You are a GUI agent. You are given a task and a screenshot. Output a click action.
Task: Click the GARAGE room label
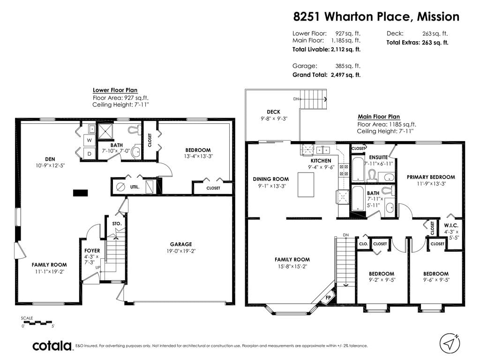click(181, 244)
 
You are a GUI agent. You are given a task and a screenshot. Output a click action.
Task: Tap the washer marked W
click(89, 140)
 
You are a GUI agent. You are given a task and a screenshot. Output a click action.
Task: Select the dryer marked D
click(90, 153)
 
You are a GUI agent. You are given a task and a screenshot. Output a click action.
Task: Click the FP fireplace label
click(328, 297)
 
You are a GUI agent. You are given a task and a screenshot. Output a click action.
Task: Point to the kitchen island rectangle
click(306, 185)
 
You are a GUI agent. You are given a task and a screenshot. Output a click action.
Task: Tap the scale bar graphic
click(37, 322)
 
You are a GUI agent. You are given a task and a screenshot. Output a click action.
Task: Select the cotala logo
click(52, 345)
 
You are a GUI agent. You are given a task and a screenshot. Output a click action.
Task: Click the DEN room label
click(50, 159)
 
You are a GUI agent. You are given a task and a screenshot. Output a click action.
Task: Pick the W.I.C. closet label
click(451, 225)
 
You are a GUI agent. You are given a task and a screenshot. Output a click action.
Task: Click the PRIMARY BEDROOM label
click(431, 177)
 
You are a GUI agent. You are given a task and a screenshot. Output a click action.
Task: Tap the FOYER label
click(92, 251)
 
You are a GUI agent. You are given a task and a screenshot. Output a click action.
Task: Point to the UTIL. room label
click(135, 187)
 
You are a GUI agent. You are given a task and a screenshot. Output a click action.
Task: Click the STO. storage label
click(117, 224)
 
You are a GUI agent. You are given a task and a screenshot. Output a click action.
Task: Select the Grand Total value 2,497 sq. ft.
click(345, 75)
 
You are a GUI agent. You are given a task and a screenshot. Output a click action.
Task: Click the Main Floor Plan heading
click(379, 117)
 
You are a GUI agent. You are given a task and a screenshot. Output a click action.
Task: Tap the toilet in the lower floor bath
click(134, 130)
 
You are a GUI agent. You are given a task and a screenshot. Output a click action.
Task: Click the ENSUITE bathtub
click(357, 169)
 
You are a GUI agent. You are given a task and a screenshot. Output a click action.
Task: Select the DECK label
click(273, 112)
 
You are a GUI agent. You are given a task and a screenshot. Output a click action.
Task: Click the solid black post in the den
click(81, 193)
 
